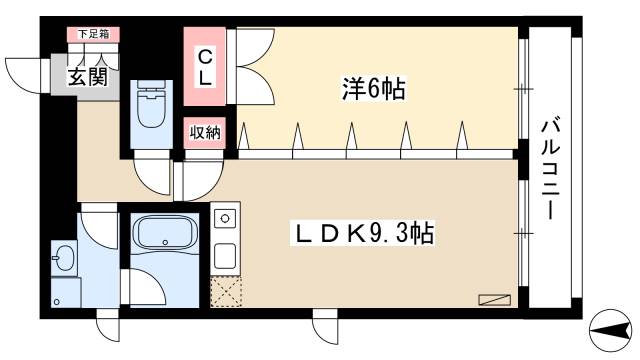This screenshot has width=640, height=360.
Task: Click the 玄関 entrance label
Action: pos(88,78)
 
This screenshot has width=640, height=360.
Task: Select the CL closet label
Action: pos(203,67)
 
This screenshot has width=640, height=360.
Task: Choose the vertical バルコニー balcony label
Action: pos(550,170)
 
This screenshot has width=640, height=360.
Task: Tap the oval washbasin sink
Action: pos(62,259)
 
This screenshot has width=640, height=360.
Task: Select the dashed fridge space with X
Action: pos(225,291)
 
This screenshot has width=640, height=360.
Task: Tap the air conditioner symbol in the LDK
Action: pos(494,299)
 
